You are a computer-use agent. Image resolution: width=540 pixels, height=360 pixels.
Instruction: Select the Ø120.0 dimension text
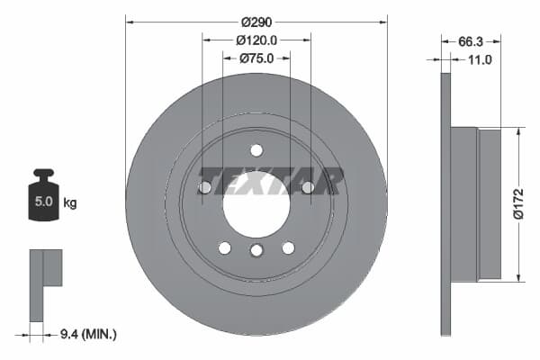(x=256, y=40)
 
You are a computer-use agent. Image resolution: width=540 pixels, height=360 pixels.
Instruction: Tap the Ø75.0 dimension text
(x=256, y=58)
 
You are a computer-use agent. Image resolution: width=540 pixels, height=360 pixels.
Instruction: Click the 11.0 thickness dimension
(x=478, y=59)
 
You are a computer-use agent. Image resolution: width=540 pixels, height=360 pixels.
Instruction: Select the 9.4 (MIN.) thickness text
(x=85, y=335)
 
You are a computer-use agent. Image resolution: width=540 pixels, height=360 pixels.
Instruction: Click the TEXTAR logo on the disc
(x=269, y=181)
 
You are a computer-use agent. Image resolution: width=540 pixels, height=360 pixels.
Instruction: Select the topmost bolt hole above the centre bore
(x=256, y=150)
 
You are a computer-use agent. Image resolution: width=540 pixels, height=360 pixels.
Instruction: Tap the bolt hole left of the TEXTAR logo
(x=204, y=187)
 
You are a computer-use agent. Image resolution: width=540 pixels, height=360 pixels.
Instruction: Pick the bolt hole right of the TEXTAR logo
(x=308, y=187)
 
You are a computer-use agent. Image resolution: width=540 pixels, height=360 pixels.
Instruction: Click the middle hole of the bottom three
(x=256, y=251)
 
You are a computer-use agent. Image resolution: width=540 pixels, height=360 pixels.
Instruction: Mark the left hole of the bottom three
(x=225, y=247)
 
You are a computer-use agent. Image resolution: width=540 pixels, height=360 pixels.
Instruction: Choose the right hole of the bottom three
(x=288, y=247)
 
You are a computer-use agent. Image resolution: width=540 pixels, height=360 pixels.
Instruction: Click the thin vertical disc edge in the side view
(x=445, y=203)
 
